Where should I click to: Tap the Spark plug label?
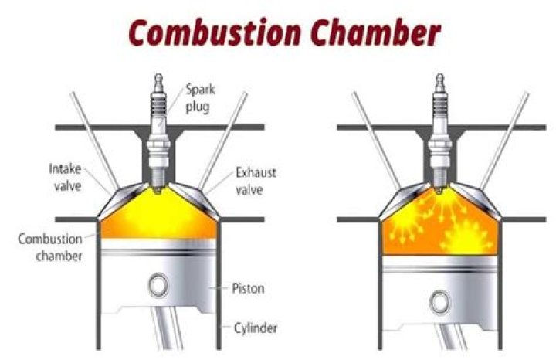point(198,97)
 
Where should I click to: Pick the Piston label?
point(249,289)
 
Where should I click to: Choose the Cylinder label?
point(254,328)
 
